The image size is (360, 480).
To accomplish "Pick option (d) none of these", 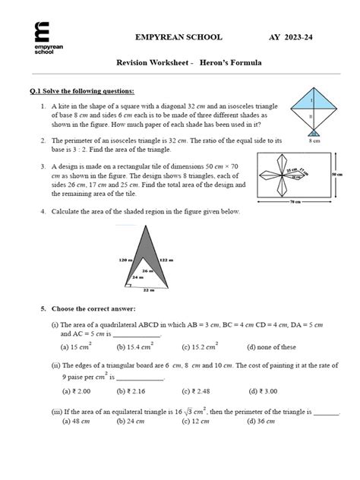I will tap(272, 347).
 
